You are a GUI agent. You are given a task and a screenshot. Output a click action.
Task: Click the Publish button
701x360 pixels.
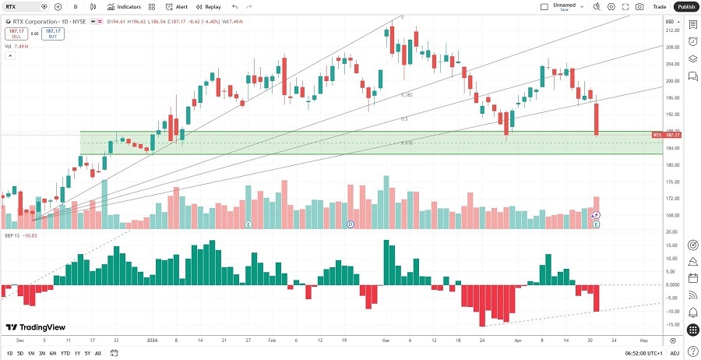pos(685,6)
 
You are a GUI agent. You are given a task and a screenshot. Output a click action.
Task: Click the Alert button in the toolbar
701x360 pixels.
pos(177,6)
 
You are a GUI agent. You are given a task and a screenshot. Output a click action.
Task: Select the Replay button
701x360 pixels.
pos(209,6)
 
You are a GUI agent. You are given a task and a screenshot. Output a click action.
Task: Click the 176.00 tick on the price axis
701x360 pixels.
pos(672,182)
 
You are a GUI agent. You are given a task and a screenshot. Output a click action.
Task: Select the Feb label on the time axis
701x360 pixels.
pos(272,341)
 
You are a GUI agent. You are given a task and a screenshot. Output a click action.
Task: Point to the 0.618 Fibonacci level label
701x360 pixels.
pos(406,143)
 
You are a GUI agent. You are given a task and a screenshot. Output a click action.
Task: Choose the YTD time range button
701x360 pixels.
pos(65,353)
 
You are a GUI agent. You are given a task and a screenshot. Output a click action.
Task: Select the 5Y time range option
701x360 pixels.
pos(86,353)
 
